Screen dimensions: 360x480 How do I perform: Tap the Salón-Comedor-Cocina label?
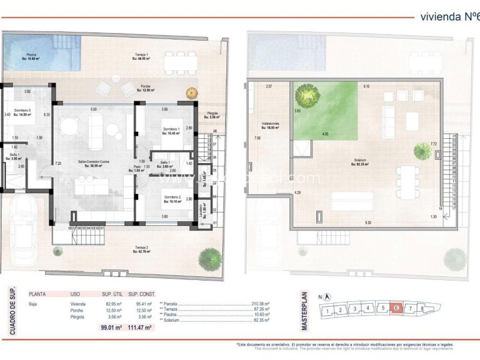pos(93,162)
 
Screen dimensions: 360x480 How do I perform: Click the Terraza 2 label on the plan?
pos(142,249)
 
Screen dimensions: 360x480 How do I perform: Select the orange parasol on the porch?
pos(192,93)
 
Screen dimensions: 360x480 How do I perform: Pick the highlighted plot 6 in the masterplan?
pos(396,308)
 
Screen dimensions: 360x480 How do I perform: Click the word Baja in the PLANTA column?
pos(34,304)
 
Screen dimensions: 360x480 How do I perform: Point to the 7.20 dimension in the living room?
pos(59,164)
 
